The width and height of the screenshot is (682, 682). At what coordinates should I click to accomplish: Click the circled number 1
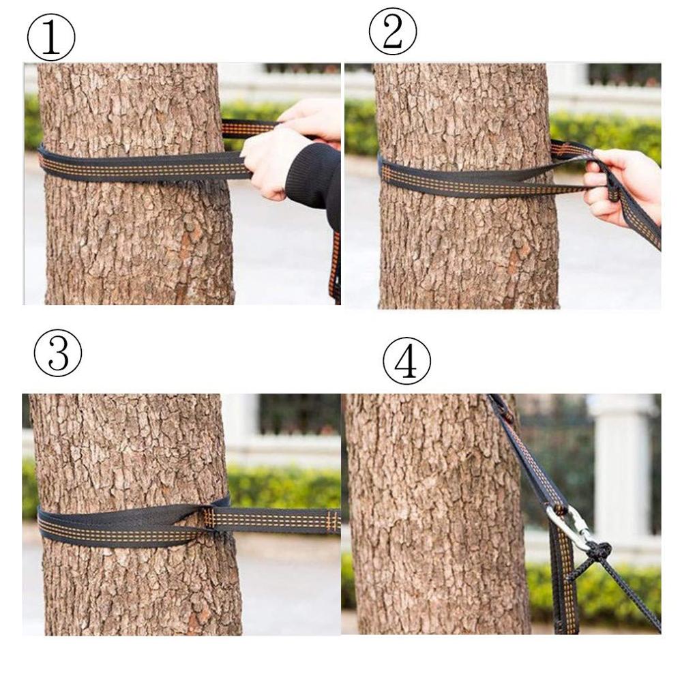click(50, 38)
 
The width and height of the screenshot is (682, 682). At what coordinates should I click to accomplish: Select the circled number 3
click(58, 353)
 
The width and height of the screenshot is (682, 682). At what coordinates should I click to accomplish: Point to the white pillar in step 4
click(621, 464)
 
